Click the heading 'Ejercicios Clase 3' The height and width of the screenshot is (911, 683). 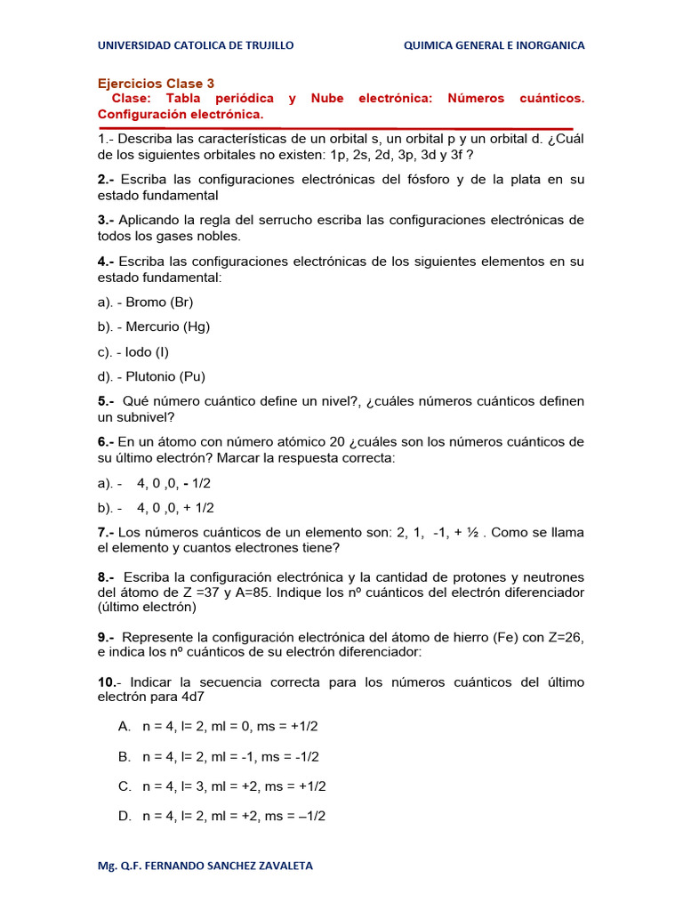click(x=156, y=84)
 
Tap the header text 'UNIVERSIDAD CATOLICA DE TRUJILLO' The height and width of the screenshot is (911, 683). click(x=196, y=45)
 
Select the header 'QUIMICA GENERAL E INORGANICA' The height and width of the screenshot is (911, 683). click(x=494, y=45)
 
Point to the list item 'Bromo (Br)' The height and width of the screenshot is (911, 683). click(x=159, y=302)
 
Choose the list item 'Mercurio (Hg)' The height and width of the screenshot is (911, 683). click(x=167, y=327)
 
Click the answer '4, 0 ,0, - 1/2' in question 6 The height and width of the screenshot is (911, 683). click(x=173, y=483)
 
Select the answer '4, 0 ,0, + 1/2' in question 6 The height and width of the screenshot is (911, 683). click(x=175, y=508)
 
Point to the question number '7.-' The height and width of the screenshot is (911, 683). click(x=107, y=532)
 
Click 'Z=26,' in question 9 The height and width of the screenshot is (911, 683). click(x=562, y=637)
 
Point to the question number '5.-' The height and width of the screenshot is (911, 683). click(x=107, y=401)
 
